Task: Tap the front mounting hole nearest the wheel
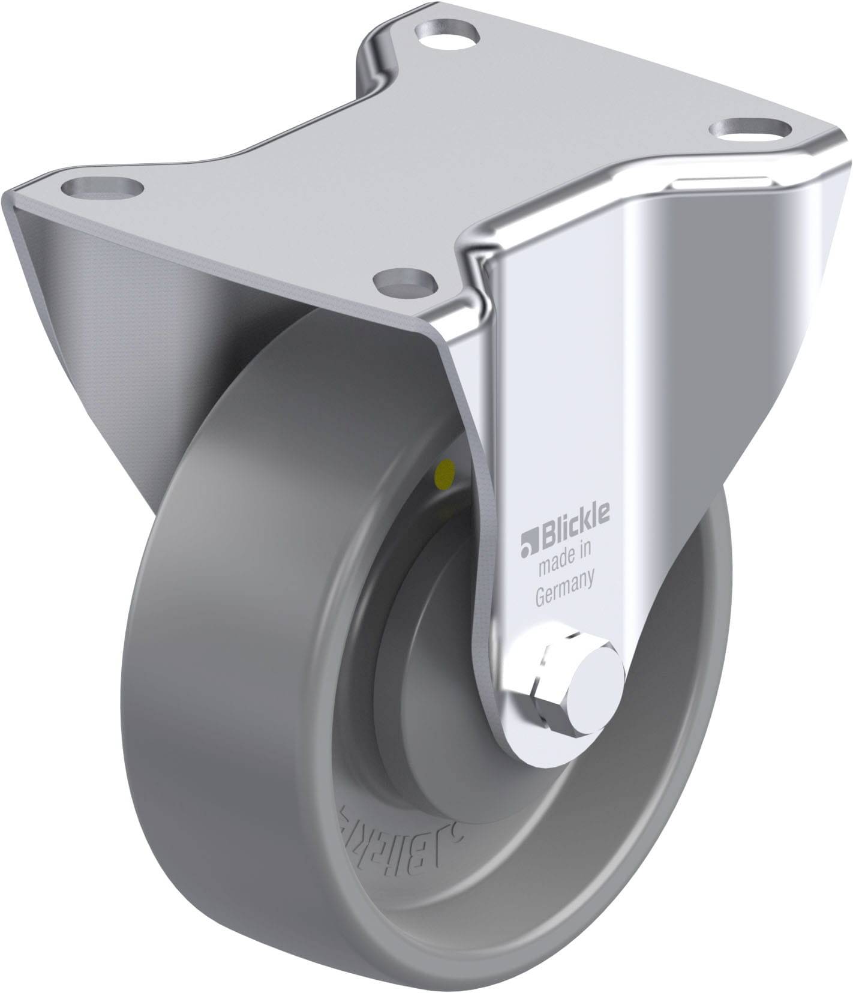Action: pyautogui.click(x=404, y=280)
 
